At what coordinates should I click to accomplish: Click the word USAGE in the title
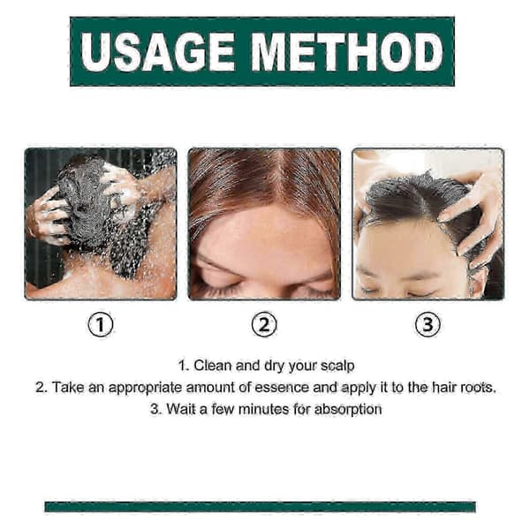point(158,52)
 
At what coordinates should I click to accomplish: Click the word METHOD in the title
point(347,52)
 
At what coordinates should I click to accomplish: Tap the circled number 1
point(101,324)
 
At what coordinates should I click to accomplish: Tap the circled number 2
point(264,324)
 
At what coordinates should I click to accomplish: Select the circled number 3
point(428,324)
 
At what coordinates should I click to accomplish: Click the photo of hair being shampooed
point(101,223)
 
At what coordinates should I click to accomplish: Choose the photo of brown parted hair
point(264,223)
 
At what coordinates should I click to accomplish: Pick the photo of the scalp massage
point(428,223)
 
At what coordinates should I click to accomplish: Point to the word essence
point(282,388)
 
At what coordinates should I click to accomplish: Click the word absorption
point(348,410)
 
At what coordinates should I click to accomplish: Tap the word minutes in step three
point(263,409)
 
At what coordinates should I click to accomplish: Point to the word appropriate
point(145,389)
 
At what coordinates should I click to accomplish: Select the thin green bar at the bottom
point(260,507)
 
